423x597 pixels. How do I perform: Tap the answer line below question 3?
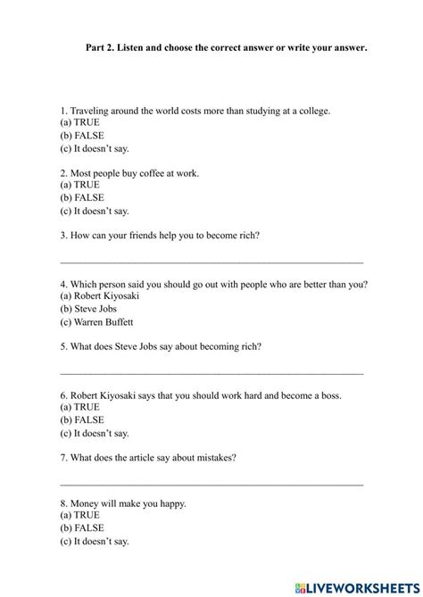(211, 261)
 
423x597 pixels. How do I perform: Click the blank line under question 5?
(211, 372)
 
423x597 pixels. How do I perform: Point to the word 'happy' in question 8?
(171, 503)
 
